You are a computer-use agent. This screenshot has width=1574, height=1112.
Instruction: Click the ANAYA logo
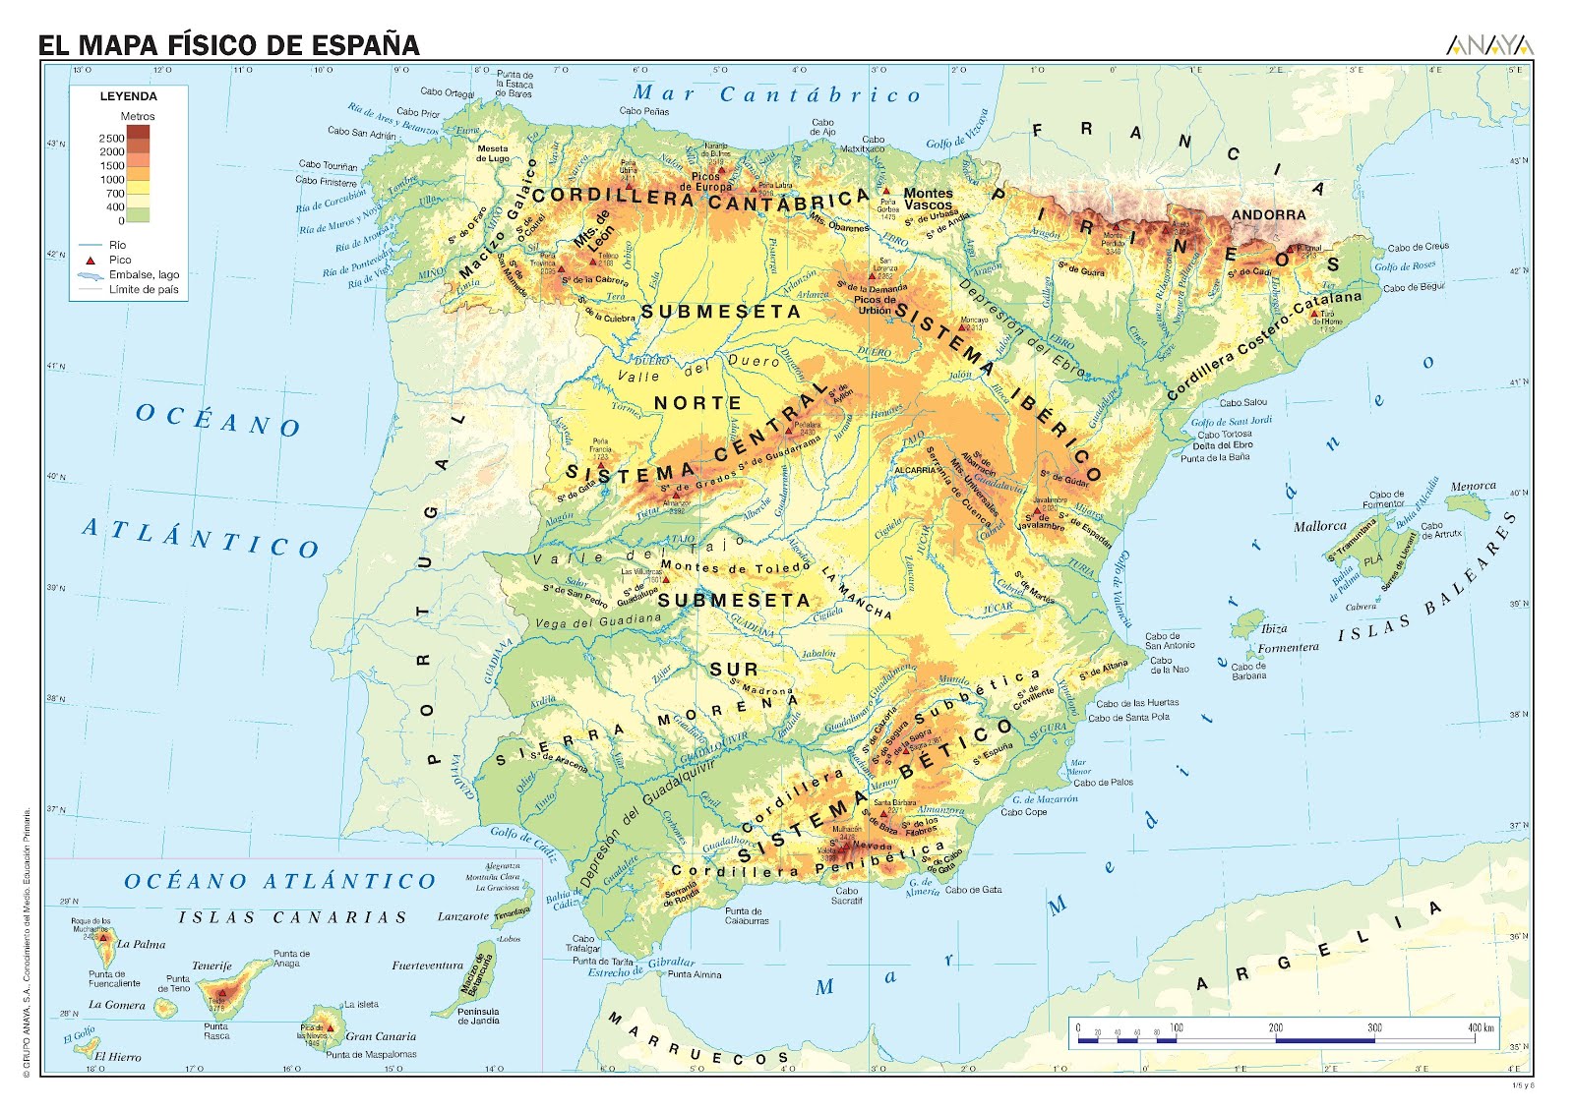coord(1489,45)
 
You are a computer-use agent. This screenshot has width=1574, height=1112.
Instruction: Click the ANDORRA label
coord(1269,214)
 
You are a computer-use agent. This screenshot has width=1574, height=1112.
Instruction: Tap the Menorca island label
coord(1473,486)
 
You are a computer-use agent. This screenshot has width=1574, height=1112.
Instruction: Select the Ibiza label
coord(1274,628)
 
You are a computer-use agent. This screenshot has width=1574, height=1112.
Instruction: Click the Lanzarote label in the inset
coord(462,916)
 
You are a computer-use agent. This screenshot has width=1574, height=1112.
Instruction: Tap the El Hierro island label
coord(118,1057)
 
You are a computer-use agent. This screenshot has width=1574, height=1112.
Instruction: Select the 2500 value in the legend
coord(111,139)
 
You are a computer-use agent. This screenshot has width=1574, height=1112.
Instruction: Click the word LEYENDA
coord(128,96)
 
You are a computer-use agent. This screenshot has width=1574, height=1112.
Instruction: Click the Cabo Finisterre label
coord(327,181)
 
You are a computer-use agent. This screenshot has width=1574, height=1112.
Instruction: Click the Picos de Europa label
coord(711,182)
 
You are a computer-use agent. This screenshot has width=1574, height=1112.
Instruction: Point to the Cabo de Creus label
coord(1418,248)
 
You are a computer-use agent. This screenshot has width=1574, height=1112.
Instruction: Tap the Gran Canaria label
coord(381,1036)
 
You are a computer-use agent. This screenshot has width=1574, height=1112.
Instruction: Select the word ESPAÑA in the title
coord(366,45)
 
